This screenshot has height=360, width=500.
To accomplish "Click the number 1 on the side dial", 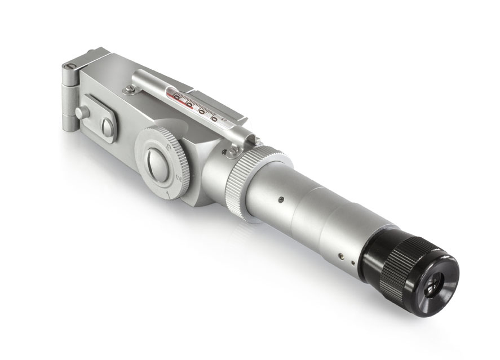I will (168, 194).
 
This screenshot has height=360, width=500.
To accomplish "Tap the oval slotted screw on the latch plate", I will (107, 127).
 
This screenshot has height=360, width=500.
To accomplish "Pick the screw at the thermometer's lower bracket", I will (232, 150).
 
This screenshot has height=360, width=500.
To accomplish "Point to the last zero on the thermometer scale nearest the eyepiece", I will (214, 118).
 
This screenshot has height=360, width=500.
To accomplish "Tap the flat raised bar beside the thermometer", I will (220, 104).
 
